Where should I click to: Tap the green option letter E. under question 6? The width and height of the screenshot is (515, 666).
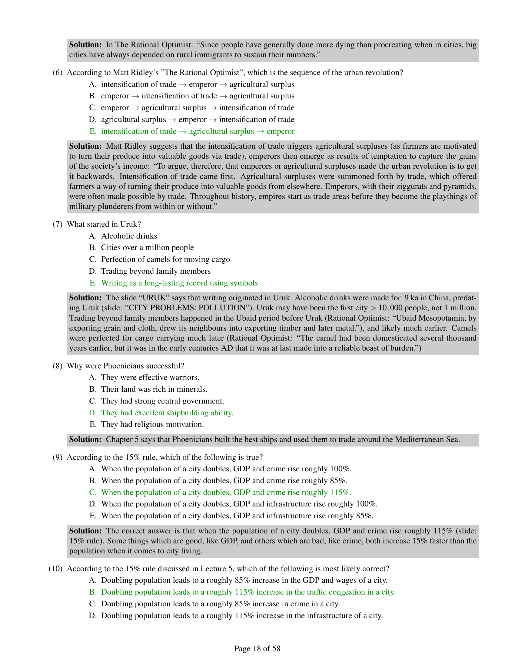93,131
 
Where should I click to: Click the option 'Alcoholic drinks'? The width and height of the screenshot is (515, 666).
129,236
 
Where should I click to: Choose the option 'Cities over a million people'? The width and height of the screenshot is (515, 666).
147,248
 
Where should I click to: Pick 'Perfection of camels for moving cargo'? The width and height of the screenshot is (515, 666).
165,259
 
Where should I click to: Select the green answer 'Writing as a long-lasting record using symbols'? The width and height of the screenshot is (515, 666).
179,283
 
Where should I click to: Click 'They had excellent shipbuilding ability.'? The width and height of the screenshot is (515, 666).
167,413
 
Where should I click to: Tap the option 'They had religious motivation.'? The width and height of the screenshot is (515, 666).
152,424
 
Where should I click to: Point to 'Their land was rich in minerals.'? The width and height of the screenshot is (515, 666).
154,389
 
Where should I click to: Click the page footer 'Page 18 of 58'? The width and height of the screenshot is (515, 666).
257,648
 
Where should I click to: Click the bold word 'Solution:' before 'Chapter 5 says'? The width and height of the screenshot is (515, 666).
85,440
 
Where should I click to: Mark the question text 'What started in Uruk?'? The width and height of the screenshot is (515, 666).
104,224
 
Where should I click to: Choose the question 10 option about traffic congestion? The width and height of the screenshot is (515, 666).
248,592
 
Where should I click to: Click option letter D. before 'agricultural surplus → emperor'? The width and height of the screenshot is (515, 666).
93,120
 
